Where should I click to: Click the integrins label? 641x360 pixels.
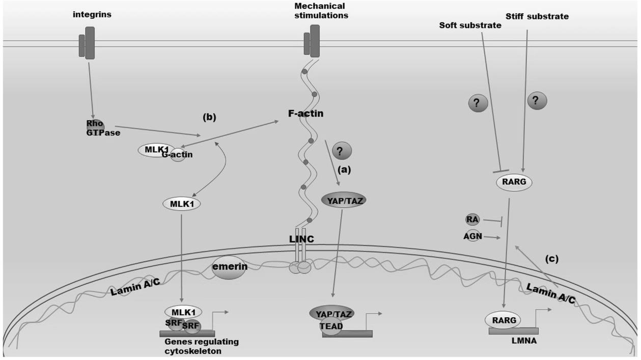tap(92, 15)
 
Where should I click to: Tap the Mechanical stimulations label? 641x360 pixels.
tap(321, 11)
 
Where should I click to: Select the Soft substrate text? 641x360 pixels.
tap(470, 25)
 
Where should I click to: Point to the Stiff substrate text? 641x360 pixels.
tap(537, 16)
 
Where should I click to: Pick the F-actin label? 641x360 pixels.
tap(305, 114)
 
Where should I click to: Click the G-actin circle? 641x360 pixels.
tap(178, 155)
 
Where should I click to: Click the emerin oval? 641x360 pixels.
tap(229, 267)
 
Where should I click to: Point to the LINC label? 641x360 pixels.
tap(301, 239)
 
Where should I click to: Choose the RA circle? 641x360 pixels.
tap(472, 220)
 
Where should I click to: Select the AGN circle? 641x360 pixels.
tap(472, 236)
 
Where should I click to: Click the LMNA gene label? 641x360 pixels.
tap(524, 341)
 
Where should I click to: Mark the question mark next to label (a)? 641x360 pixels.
tap(342, 151)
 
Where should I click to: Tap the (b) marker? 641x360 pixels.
tap(209, 118)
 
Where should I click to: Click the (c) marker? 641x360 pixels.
tap(552, 259)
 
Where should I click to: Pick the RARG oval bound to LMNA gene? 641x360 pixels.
tap(503, 320)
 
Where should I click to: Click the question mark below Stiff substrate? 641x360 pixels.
tap(537, 101)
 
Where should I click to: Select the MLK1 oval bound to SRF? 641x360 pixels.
tap(183, 312)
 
